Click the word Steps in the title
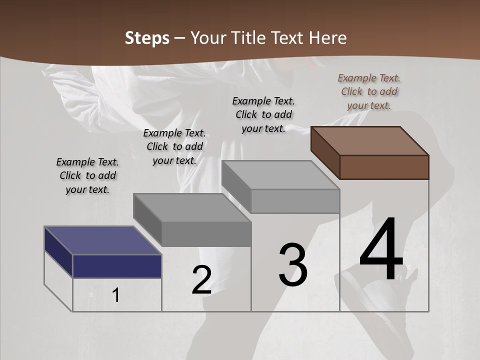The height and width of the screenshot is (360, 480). (x=147, y=38)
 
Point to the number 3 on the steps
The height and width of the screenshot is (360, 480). (x=293, y=265)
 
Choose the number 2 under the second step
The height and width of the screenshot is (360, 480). (x=201, y=280)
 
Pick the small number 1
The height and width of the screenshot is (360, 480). (x=116, y=295)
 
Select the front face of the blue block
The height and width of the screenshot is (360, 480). (x=117, y=266)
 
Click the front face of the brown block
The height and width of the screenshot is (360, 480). (x=384, y=167)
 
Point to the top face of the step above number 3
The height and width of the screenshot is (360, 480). (x=280, y=175)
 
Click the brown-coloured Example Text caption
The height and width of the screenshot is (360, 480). (x=369, y=91)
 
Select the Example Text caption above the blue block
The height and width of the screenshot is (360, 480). (x=87, y=175)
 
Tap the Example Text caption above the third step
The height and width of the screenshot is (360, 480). (x=263, y=114)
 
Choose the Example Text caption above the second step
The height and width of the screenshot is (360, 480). (x=174, y=146)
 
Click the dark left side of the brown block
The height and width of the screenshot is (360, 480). (x=325, y=152)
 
